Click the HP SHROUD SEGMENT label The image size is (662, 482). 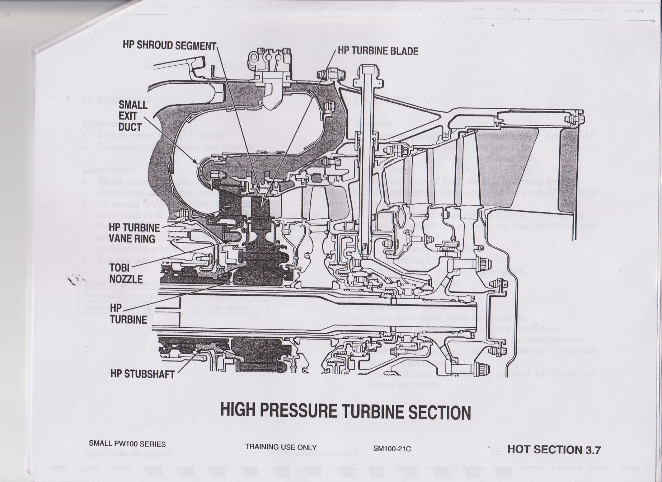point(169,45)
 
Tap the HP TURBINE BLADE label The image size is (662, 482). point(378,51)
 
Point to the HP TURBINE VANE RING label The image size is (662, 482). point(134,233)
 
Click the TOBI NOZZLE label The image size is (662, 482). point(126,273)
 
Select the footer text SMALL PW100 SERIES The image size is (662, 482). point(127,444)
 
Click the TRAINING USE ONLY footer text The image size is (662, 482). point(281,447)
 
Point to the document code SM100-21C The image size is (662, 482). point(392,448)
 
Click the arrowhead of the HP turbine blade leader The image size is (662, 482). point(263,204)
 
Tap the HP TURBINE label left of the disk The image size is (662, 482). point(128,314)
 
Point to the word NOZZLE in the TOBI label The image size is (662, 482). point(126,279)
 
